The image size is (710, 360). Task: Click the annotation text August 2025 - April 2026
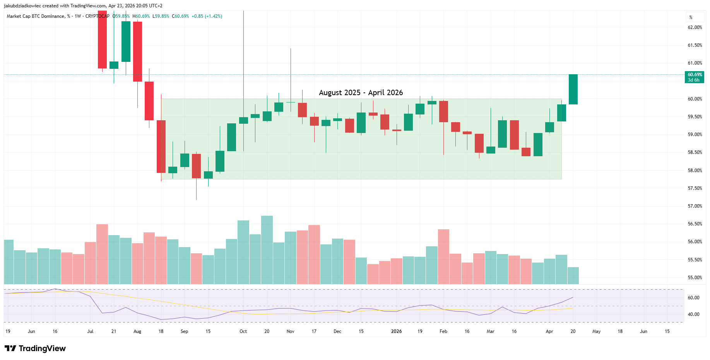[361, 93]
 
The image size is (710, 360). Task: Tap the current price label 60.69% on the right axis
[695, 75]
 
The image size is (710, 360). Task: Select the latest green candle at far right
[573, 89]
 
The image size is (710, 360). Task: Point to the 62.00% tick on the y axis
[695, 27]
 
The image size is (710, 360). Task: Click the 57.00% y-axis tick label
[695, 206]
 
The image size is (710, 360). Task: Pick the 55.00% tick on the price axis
[695, 278]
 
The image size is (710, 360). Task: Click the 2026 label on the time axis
[396, 331]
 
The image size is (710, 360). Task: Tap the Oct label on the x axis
[243, 331]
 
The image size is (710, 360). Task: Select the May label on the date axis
[596, 331]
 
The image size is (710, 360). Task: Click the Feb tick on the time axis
[443, 331]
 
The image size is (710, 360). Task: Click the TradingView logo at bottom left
[35, 348]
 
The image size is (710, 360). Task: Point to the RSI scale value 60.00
[693, 298]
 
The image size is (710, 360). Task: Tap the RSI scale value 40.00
[693, 314]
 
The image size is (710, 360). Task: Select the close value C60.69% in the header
[180, 16]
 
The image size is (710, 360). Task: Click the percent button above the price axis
[691, 17]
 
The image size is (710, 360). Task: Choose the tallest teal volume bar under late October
[267, 250]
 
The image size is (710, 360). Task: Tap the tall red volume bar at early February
[443, 257]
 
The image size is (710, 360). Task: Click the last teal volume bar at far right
[573, 276]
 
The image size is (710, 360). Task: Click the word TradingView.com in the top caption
[88, 6]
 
